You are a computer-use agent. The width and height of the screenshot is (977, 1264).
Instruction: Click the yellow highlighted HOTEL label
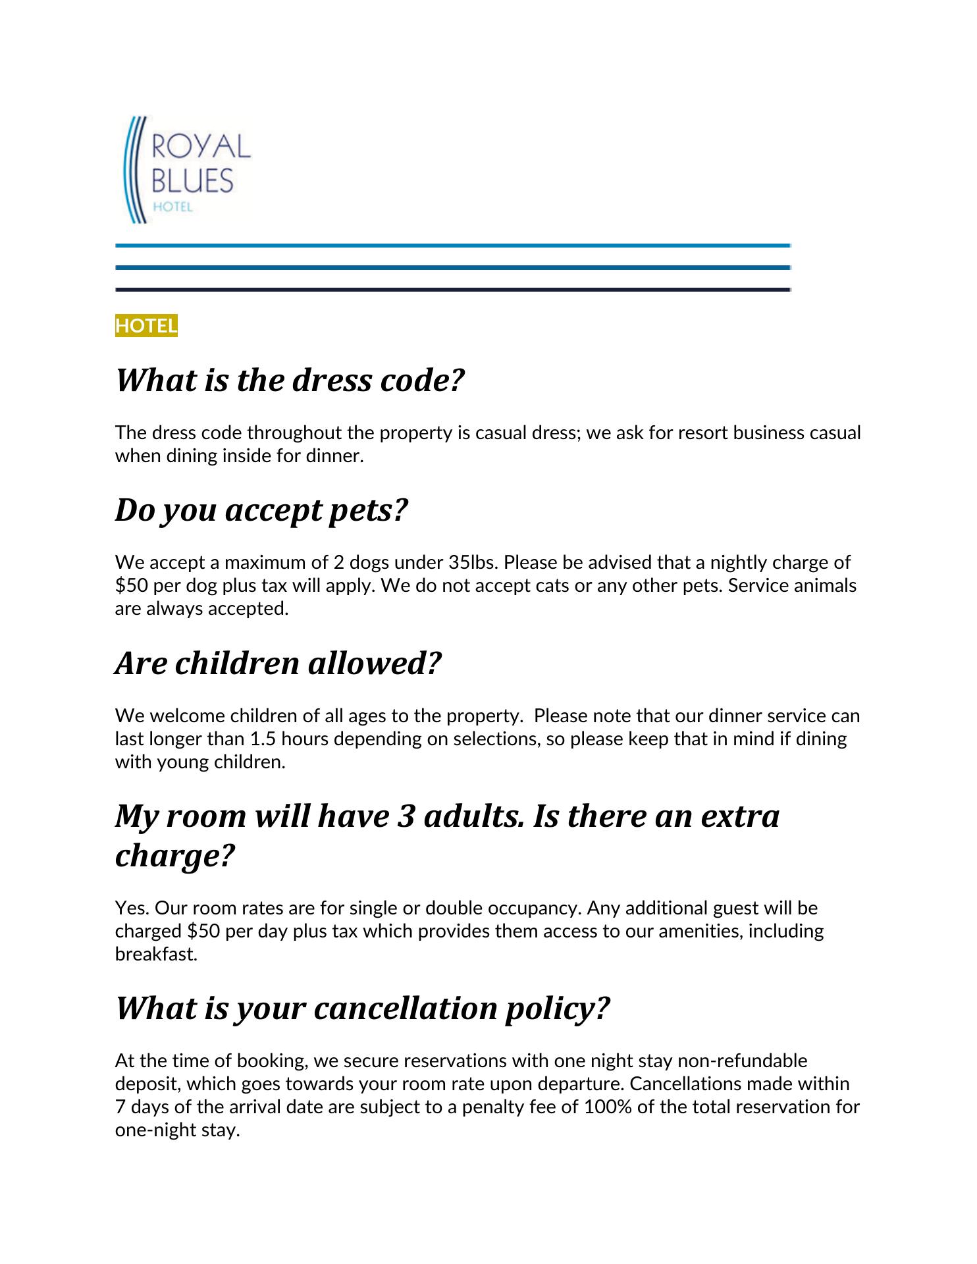point(146,326)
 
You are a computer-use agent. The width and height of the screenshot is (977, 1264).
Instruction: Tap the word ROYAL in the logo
point(201,146)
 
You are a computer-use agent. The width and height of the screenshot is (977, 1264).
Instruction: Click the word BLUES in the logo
point(192,180)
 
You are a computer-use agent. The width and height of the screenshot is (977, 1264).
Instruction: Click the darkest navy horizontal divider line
point(452,290)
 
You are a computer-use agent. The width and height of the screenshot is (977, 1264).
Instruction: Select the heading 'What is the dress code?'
point(290,381)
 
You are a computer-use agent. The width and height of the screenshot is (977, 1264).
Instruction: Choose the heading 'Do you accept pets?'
point(262,510)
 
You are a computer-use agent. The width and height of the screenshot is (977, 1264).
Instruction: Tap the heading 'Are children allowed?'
point(278,663)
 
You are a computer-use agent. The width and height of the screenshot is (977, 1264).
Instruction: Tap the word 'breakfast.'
point(157,954)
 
